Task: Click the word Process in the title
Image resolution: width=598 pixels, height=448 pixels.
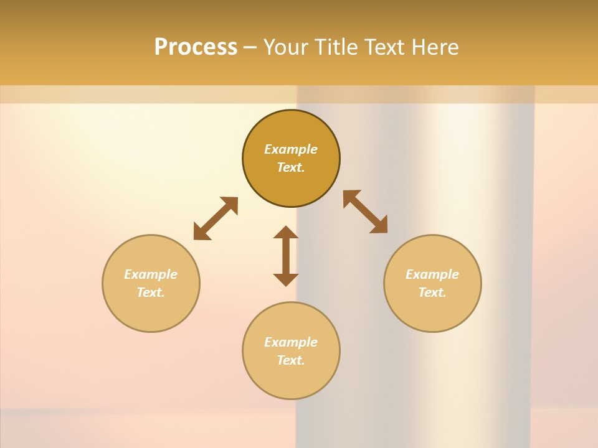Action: click(196, 47)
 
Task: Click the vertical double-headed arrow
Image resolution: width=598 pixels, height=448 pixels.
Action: click(286, 256)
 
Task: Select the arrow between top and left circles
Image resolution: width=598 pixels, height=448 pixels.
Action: click(216, 218)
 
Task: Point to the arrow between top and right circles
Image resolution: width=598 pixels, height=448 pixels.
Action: click(366, 212)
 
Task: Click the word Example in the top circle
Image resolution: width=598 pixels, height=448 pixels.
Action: click(291, 149)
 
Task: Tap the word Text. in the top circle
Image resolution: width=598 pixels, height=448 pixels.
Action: click(291, 167)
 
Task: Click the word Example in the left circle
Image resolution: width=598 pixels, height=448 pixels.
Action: click(151, 274)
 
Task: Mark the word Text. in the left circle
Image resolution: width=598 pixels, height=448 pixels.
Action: click(151, 292)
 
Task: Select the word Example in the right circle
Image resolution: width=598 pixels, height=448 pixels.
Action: click(432, 274)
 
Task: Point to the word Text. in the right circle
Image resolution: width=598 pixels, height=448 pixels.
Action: click(432, 292)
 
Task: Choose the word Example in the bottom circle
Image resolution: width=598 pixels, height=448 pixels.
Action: click(291, 342)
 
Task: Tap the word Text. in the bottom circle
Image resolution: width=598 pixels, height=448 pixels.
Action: click(291, 360)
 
